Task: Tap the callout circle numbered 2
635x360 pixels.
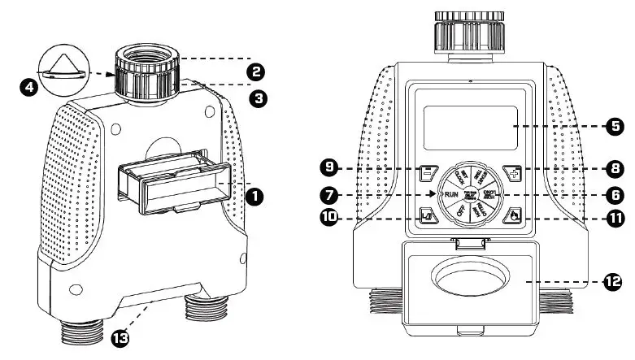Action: click(x=256, y=72)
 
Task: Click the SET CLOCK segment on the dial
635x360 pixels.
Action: click(x=458, y=176)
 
